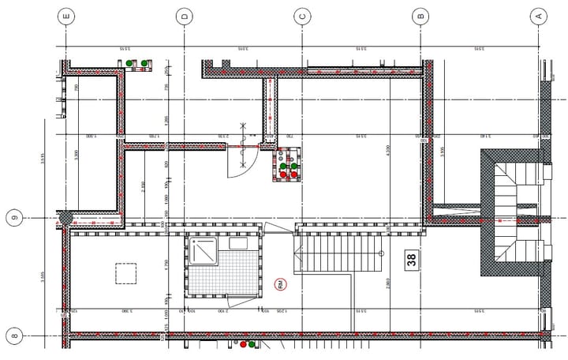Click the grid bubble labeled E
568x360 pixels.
66,16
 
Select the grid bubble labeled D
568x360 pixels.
184,16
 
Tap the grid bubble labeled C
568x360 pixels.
302,16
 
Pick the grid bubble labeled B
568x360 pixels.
420,16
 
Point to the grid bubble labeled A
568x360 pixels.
539,16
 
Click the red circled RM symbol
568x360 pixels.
280,284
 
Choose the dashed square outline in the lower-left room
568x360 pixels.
126,273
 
